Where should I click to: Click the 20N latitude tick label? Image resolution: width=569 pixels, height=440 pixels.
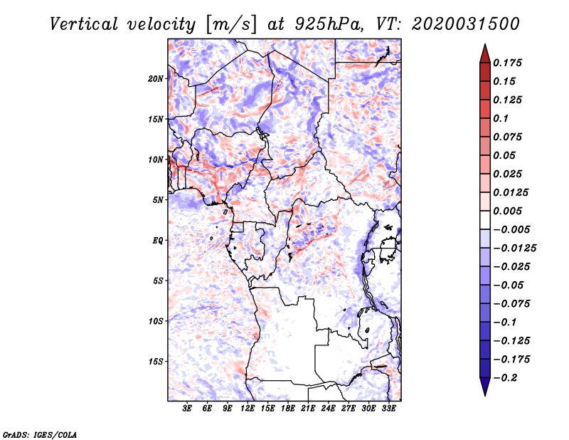pos(156,78)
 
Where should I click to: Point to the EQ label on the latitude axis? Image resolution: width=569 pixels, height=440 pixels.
pos(158,241)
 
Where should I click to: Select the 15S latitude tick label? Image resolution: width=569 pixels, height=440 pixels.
pos(156,362)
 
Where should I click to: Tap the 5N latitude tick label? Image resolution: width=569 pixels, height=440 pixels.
pos(158,200)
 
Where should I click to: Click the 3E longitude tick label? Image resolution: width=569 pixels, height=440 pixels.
pos(188,409)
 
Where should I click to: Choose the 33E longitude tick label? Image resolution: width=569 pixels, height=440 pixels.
pos(389,409)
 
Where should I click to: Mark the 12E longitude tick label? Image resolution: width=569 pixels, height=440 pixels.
pos(248,409)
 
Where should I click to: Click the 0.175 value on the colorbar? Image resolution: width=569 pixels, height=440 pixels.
pos(509,63)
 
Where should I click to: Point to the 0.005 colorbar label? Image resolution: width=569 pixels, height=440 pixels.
pos(509,211)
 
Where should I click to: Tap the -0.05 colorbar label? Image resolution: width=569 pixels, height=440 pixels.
pos(511,285)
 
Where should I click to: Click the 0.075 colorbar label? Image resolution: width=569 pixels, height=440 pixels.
pos(509,137)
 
